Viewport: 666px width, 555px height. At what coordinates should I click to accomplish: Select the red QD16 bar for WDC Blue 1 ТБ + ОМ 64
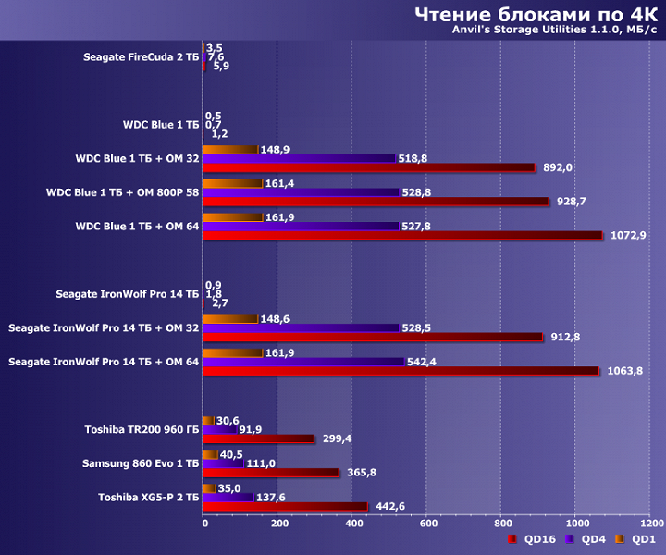402,236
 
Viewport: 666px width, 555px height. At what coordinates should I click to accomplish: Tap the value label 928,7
573,202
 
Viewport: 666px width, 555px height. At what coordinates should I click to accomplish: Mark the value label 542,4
425,362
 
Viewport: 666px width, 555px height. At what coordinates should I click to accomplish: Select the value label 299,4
337,439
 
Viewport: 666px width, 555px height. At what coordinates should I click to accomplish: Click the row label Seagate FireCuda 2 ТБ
141,57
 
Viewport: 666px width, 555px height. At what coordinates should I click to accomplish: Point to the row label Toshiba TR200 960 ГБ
142,429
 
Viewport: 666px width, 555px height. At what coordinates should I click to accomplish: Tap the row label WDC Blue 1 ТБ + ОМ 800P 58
122,192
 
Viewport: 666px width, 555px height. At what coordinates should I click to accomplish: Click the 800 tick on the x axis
500,523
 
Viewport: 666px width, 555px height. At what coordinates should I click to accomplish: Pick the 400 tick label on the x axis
352,523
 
